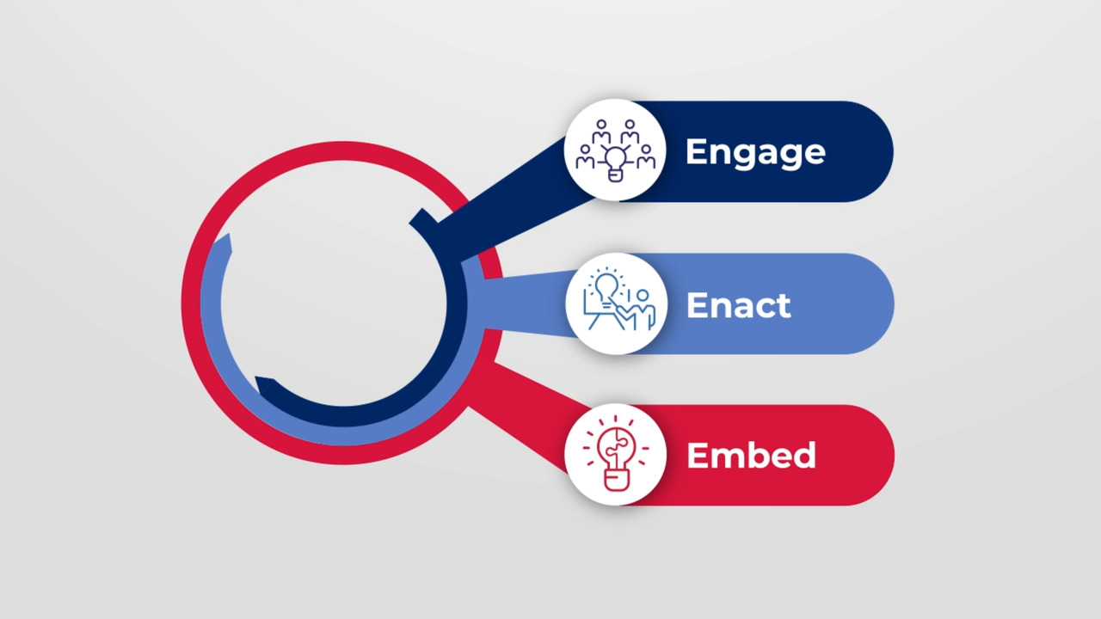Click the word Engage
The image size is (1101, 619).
click(754, 152)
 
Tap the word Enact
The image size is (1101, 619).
click(738, 305)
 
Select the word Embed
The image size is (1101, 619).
click(751, 456)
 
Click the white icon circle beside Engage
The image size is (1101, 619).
click(615, 150)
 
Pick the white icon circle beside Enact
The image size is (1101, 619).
click(615, 303)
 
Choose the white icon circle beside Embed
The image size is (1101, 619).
click(615, 455)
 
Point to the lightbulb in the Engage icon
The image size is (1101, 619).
click(615, 160)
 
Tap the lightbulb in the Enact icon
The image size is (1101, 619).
click(606, 284)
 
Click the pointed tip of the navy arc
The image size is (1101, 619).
click(259, 382)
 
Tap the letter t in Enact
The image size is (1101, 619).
click(784, 306)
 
